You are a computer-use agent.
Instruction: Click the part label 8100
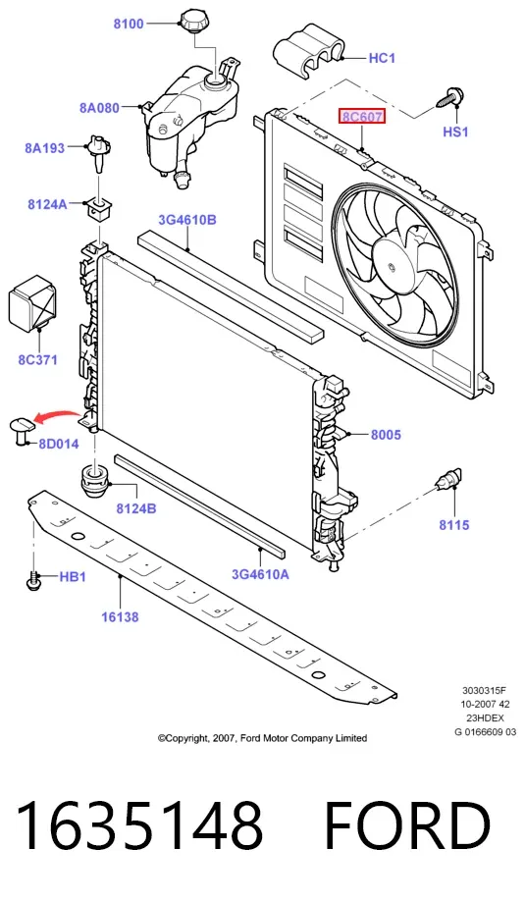tap(129, 25)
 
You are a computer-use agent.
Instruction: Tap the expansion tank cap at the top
tap(195, 22)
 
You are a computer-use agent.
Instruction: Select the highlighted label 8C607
tap(362, 118)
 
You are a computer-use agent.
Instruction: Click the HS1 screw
tap(450, 98)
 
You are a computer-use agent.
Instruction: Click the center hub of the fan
tap(393, 268)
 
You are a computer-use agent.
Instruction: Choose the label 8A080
tap(99, 108)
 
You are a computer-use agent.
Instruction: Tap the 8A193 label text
tap(45, 148)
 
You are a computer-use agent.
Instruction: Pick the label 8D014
tap(59, 444)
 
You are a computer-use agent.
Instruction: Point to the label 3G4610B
tap(187, 220)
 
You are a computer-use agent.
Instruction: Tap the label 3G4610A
tap(260, 573)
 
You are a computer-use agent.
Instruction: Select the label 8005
tap(386, 435)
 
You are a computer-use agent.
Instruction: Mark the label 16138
tap(120, 617)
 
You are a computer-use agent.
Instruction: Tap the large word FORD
tap(407, 826)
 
